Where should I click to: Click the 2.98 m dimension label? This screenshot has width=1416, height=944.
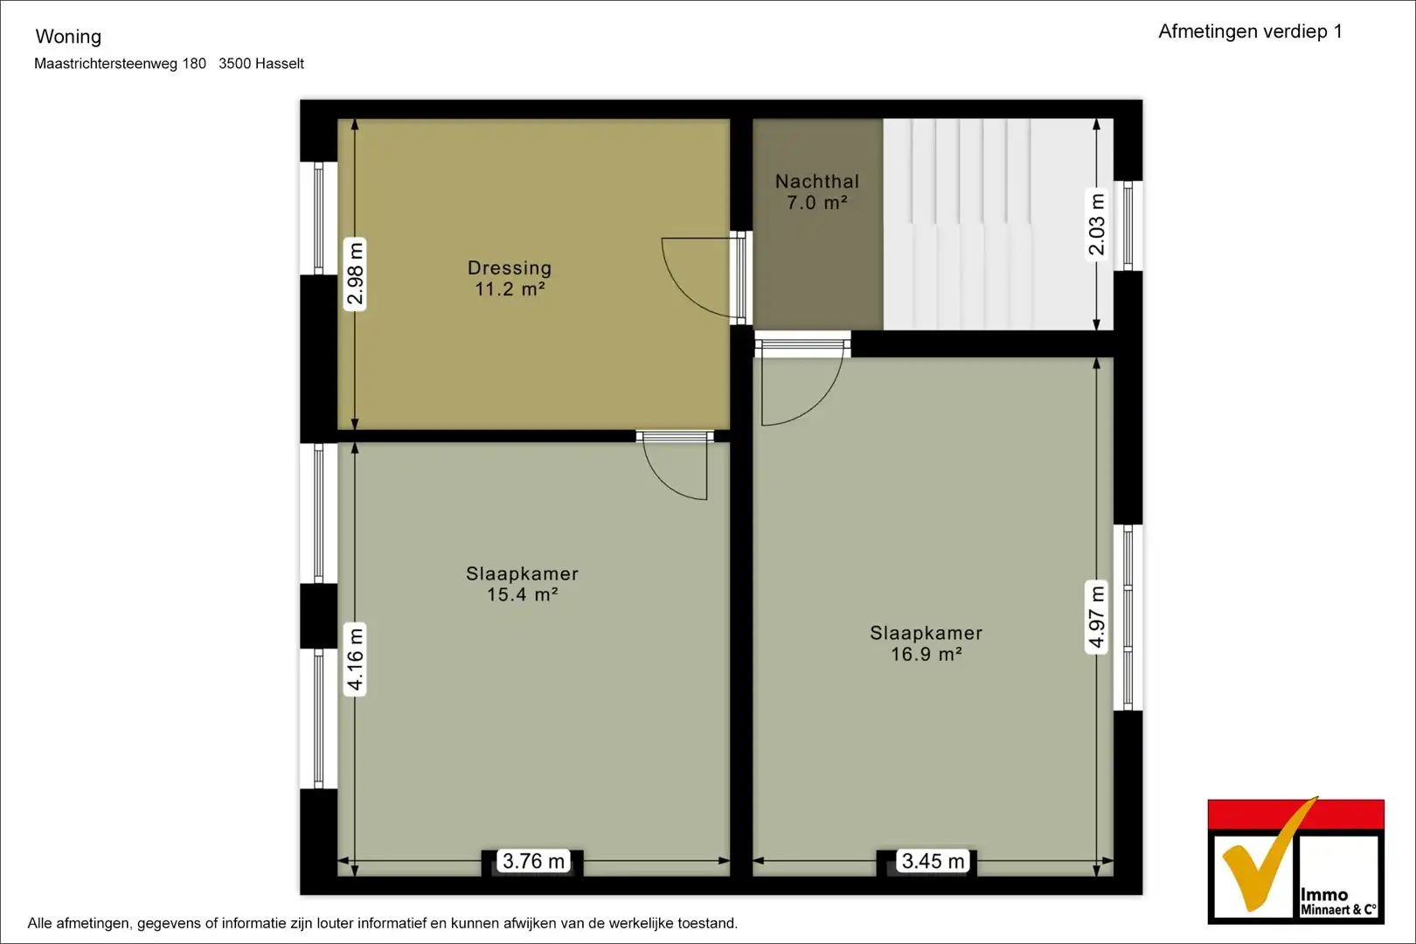[x=355, y=274]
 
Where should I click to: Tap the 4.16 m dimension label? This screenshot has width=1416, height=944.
[x=355, y=659]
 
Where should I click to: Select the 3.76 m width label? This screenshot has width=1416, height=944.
[x=533, y=861]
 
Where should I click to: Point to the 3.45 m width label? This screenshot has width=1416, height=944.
[x=933, y=861]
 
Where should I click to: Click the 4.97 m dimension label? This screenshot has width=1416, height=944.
[x=1097, y=616]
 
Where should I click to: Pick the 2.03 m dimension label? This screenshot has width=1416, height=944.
[x=1097, y=225]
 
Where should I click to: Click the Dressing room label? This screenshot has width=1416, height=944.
[x=510, y=268]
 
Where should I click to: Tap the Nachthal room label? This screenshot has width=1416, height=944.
[x=817, y=182]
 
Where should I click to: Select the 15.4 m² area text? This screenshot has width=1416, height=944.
[x=522, y=594]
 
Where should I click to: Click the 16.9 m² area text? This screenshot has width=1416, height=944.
[x=927, y=654]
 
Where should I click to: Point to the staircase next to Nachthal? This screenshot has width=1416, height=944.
[x=998, y=224]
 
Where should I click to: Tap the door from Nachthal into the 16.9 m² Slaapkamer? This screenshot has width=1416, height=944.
[x=802, y=379]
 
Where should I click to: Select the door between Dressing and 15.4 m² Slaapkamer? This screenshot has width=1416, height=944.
[x=675, y=466]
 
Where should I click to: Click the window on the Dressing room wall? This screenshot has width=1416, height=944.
[x=318, y=219]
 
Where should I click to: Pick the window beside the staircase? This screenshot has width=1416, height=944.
[x=1128, y=226]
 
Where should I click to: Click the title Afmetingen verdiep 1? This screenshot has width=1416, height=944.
[x=1250, y=31]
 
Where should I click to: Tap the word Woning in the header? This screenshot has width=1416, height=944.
[x=68, y=37]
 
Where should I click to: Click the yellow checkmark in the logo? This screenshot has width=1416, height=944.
[x=1269, y=854]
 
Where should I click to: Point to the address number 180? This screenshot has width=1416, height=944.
[x=194, y=64]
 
